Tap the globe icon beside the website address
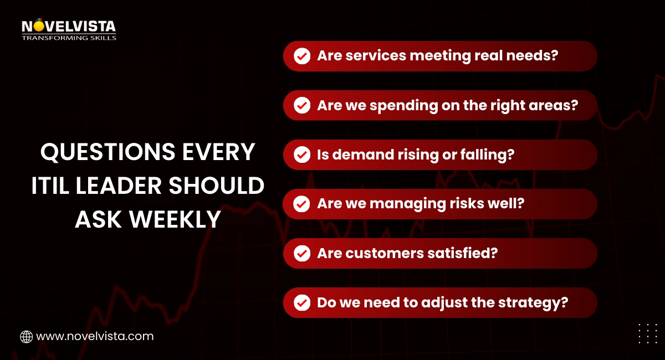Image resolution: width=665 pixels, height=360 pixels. [x=26, y=336]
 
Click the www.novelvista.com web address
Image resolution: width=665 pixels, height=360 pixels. [x=95, y=336]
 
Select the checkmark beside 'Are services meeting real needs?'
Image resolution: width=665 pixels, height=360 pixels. [x=302, y=56]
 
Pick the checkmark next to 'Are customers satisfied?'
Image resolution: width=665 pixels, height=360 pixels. [x=302, y=254]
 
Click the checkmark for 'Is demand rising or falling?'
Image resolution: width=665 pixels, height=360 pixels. [x=302, y=155]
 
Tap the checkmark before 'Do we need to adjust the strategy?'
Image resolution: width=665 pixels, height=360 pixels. [x=302, y=303]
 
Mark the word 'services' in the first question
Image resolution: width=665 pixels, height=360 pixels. [x=372, y=56]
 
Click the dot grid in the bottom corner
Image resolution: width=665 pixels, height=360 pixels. [x=647, y=333]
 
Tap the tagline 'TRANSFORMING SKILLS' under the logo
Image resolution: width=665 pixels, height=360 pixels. [x=69, y=38]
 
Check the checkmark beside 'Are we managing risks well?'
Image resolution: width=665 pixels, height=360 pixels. [x=302, y=204]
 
